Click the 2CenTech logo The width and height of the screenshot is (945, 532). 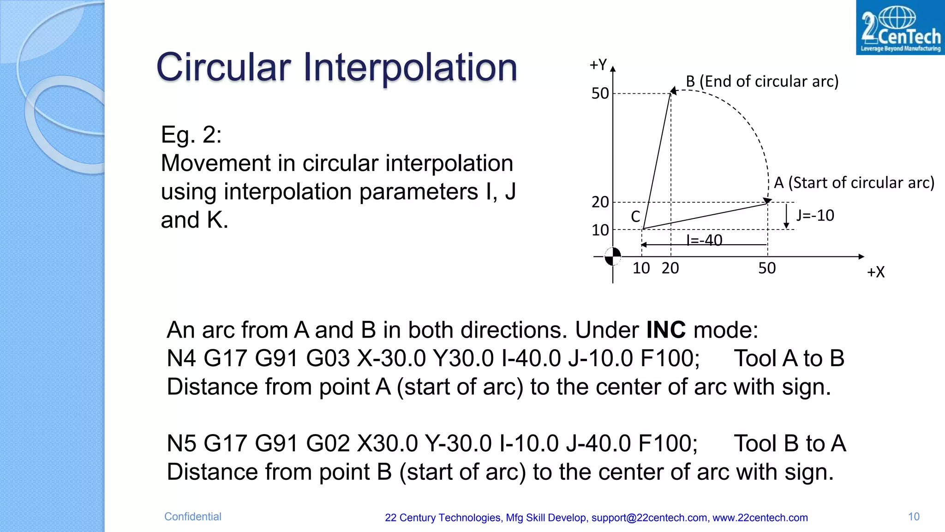(900, 28)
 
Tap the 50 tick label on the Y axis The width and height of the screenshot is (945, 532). (600, 94)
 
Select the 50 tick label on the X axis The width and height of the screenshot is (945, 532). (767, 268)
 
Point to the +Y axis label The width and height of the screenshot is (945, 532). (598, 65)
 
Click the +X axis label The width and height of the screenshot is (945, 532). (875, 272)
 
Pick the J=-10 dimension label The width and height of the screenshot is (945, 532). (815, 216)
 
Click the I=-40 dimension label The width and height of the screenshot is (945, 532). (704, 240)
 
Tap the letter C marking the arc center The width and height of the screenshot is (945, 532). (635, 217)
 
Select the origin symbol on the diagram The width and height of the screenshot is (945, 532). (613, 256)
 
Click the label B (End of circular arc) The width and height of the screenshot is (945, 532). (762, 82)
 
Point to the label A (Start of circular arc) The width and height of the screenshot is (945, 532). (854, 183)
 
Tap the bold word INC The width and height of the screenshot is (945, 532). (666, 330)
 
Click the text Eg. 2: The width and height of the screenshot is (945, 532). (191, 135)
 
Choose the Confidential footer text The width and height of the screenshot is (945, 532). (192, 517)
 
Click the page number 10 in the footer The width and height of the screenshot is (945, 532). (914, 517)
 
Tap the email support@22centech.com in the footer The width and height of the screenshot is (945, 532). (650, 518)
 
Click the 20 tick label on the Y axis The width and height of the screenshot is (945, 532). (600, 202)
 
